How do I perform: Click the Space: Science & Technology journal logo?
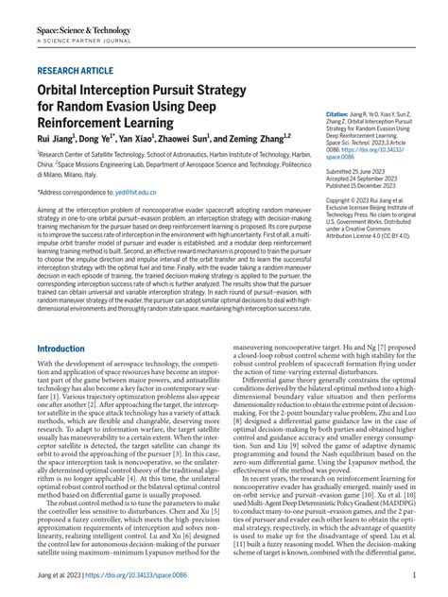(84, 29)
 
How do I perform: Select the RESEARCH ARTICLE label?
(77, 71)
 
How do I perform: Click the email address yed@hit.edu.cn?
(136, 192)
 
